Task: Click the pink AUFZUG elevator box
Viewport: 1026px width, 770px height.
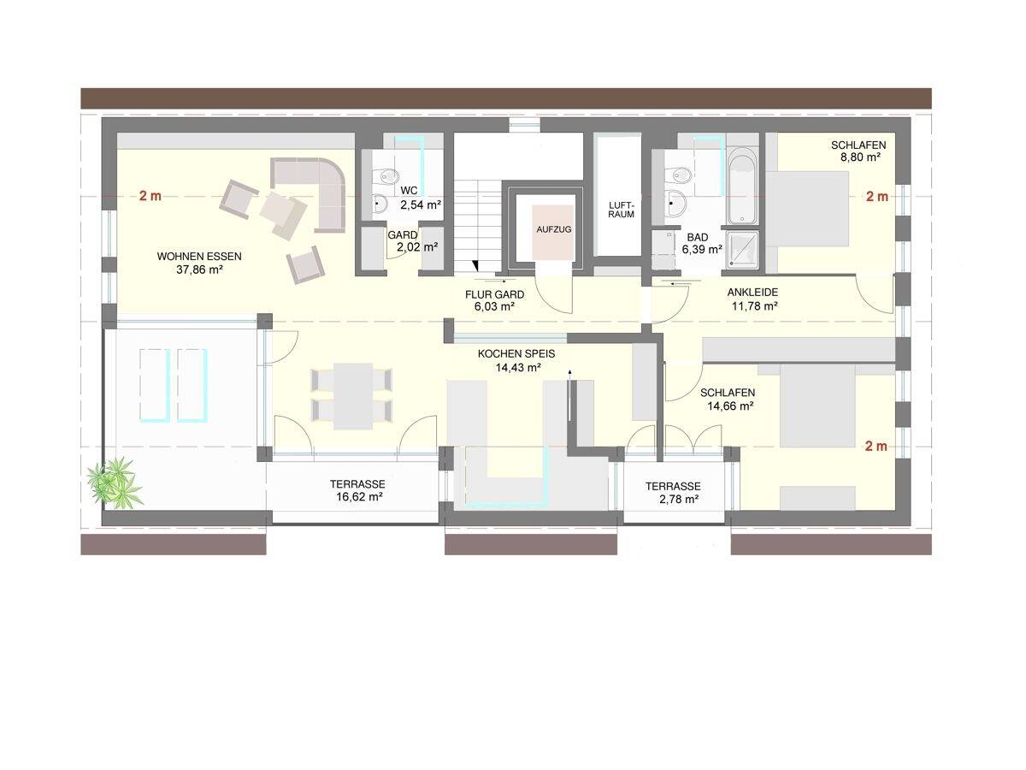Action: point(553,232)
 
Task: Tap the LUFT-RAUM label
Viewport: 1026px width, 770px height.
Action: point(622,210)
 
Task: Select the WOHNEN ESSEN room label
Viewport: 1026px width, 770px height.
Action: point(199,256)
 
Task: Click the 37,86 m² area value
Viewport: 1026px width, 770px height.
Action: point(199,269)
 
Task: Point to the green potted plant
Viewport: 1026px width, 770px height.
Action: point(114,483)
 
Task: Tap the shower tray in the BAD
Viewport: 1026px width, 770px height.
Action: point(743,250)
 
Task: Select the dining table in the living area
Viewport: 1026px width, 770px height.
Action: point(353,396)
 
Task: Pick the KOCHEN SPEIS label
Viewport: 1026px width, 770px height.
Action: point(516,354)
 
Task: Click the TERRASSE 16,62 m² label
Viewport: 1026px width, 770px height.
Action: point(357,490)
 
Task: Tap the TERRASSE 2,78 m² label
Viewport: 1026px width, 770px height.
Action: point(673,493)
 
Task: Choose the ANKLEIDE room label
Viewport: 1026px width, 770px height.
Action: point(752,293)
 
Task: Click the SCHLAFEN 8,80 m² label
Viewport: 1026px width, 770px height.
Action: point(858,151)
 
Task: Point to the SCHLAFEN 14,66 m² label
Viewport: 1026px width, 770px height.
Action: point(728,399)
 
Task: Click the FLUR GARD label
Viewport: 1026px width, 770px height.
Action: point(494,294)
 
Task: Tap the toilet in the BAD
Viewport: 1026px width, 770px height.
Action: point(678,175)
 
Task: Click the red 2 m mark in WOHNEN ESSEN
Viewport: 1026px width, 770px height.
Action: point(150,196)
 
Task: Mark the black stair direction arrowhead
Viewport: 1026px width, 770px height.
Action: point(475,265)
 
